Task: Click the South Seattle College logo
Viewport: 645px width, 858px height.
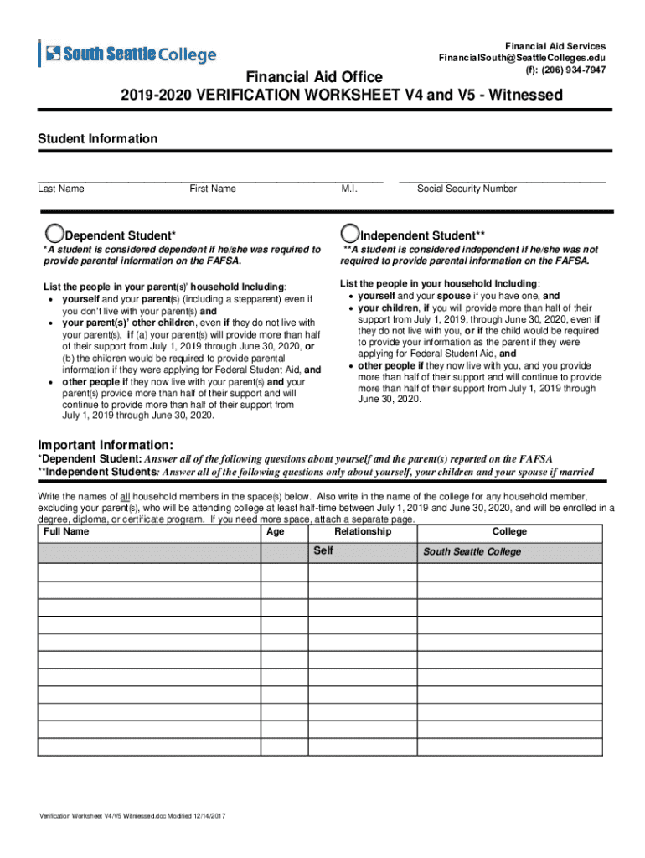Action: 127,54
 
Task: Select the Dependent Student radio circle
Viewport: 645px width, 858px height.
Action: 54,234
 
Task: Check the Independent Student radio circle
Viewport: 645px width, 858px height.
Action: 349,234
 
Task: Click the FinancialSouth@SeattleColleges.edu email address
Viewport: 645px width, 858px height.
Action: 521,58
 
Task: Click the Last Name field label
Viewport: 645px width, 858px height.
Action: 61,189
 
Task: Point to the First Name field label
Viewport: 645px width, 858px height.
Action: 213,189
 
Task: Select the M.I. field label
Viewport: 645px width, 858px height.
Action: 349,189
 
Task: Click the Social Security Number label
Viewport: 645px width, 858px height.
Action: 467,189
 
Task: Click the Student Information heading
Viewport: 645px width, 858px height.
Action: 97,139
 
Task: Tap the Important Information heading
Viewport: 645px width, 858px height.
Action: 106,444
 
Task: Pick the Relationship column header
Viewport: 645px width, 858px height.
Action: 362,532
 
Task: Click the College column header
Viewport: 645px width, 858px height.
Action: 509,532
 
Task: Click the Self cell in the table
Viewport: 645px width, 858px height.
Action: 323,551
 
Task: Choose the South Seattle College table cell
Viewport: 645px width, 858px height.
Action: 472,552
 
